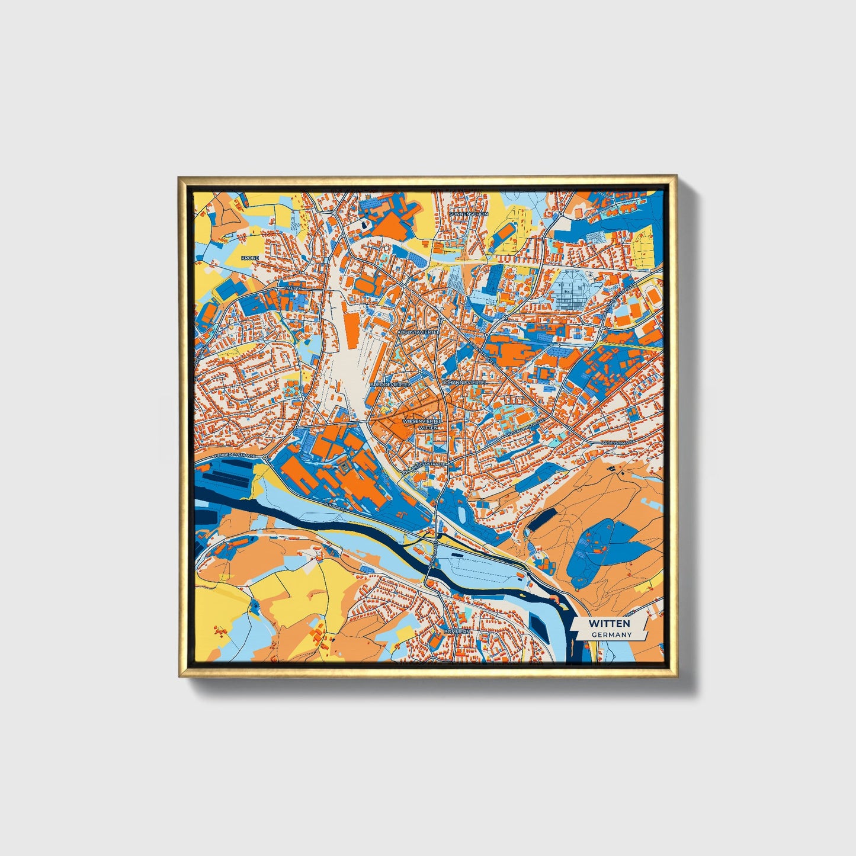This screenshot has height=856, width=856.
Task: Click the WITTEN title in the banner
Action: point(609,623)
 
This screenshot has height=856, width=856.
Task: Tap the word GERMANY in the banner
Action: point(611,634)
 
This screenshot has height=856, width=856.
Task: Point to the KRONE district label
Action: point(249,258)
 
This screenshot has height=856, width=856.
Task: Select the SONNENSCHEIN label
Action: point(468,214)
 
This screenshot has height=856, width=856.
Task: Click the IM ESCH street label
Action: point(294,288)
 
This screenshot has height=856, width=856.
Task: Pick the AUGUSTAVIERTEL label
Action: point(418,333)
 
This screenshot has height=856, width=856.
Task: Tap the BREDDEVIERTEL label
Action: point(389,384)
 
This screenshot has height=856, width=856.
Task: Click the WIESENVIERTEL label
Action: point(422,421)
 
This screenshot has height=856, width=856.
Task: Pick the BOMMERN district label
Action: point(457,632)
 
